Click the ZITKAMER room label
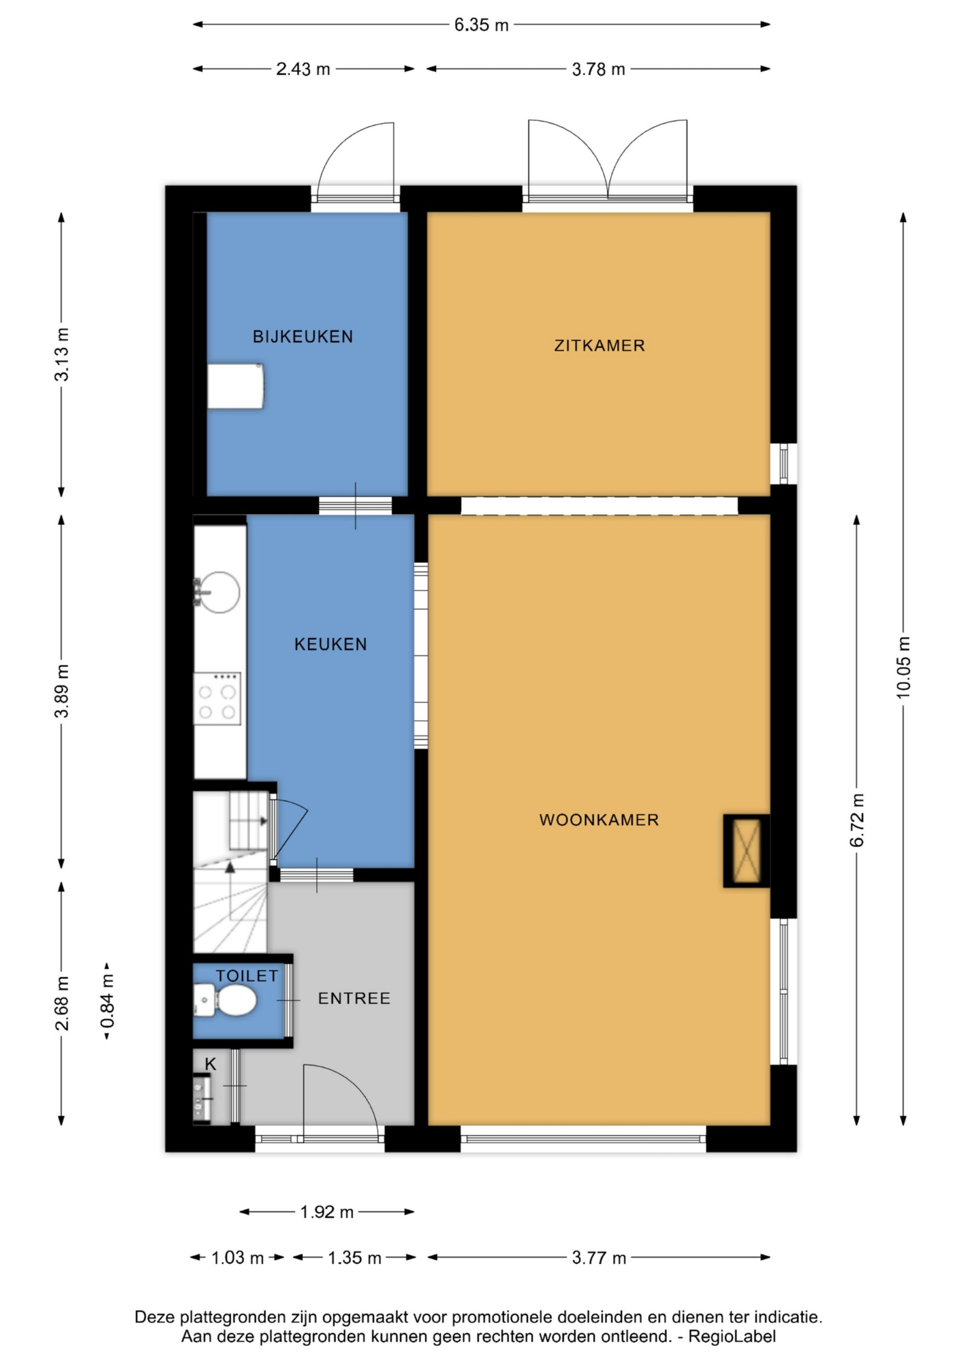tap(599, 345)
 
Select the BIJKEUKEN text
tap(303, 336)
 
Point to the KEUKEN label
tap(330, 644)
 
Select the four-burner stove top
tap(217, 699)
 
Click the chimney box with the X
tap(746, 851)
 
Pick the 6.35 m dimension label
tap(481, 25)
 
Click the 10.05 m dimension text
tap(903, 667)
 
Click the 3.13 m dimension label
tap(62, 354)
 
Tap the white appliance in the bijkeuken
tap(236, 386)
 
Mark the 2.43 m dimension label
tap(303, 69)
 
